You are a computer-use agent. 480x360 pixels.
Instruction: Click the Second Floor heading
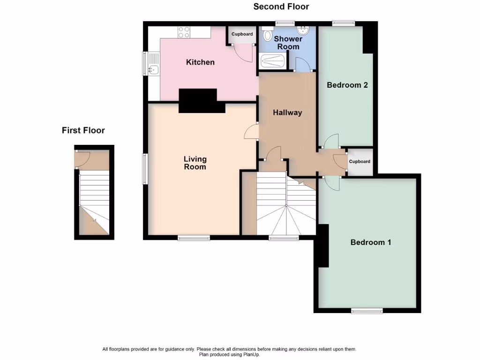tap(281, 7)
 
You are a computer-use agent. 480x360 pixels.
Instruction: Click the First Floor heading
tap(83, 130)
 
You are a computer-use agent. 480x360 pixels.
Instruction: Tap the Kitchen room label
tap(200, 62)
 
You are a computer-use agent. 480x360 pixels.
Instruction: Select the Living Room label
tap(195, 163)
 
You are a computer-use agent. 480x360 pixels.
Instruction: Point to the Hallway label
tap(287, 112)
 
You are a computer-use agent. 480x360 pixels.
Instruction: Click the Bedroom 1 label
tap(371, 242)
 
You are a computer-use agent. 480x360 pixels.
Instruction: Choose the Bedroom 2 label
tap(347, 85)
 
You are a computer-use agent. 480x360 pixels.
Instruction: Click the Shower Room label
tap(288, 43)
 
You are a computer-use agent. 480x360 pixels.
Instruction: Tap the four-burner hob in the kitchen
tap(184, 32)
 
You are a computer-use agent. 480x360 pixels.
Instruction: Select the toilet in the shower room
tap(268, 35)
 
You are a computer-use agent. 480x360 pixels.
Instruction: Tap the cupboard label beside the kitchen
tap(242, 34)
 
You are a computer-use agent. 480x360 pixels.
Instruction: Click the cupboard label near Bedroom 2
tap(360, 162)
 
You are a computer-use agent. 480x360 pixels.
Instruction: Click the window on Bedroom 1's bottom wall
tap(367, 310)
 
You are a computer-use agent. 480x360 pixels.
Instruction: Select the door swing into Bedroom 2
tap(331, 141)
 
